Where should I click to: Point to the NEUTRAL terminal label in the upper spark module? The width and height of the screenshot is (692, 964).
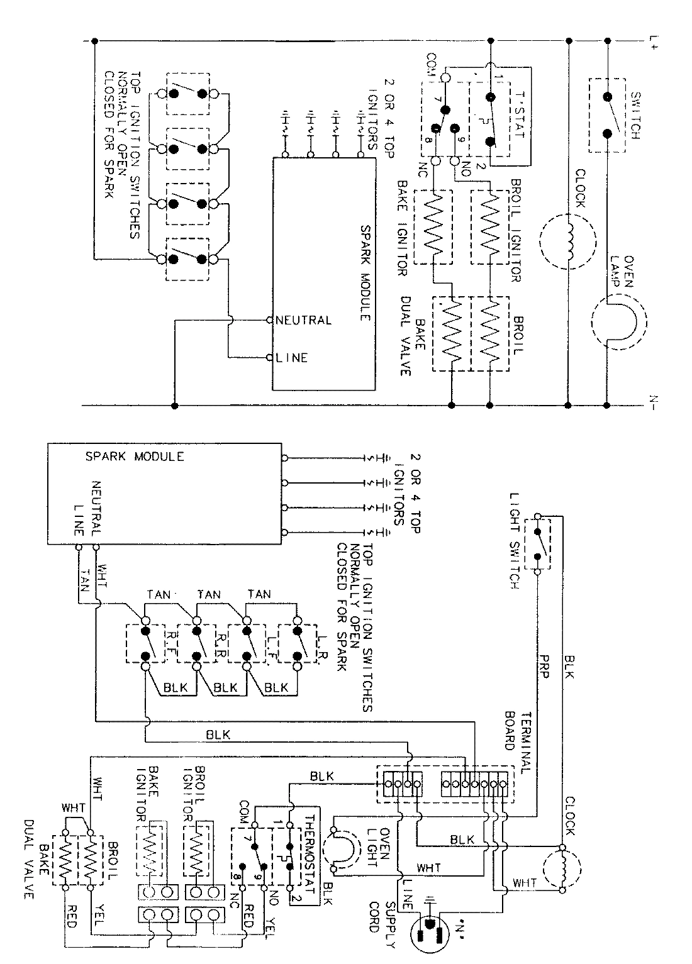pyautogui.click(x=303, y=320)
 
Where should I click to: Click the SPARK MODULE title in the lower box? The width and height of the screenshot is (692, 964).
pyautogui.click(x=135, y=457)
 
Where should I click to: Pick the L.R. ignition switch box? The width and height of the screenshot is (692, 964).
pyautogui.click(x=298, y=643)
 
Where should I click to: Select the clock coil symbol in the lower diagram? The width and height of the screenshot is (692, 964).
pyautogui.click(x=563, y=865)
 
